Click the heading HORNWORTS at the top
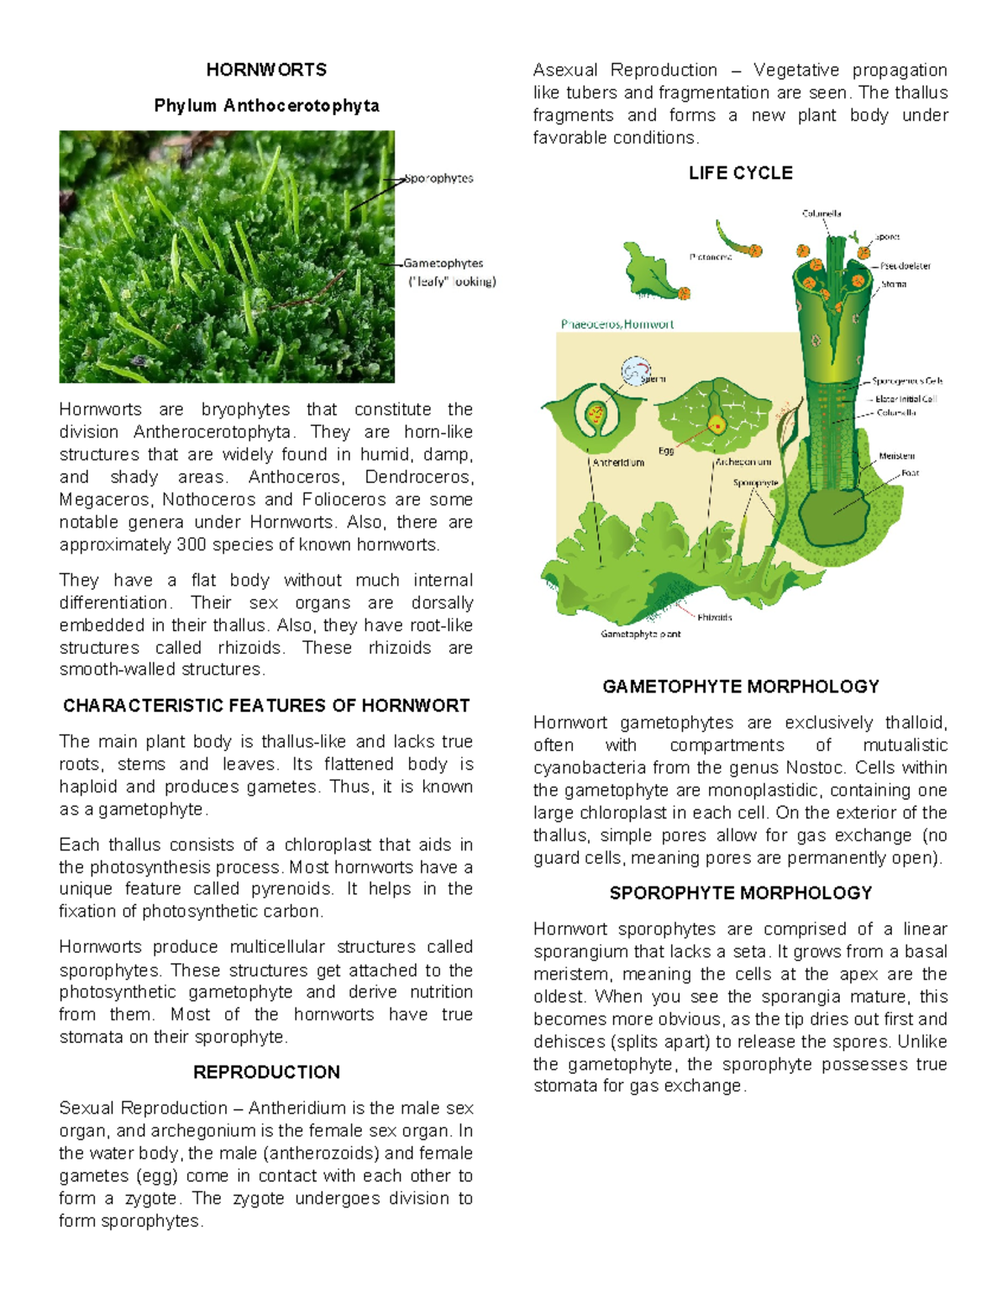(266, 70)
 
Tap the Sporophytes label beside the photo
(439, 178)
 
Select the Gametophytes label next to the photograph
(444, 263)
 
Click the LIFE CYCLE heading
(740, 173)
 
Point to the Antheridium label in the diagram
(618, 462)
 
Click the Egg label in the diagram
(666, 451)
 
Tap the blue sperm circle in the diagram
(636, 371)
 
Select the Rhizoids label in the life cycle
(715, 617)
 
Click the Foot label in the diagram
(910, 473)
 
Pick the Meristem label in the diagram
(896, 455)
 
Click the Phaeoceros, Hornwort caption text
(617, 324)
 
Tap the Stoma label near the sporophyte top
(894, 284)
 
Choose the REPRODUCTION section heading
(266, 1072)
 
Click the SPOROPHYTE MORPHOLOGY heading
(740, 893)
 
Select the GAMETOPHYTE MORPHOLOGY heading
(740, 687)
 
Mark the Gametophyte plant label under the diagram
(640, 634)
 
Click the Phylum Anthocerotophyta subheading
(266, 106)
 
